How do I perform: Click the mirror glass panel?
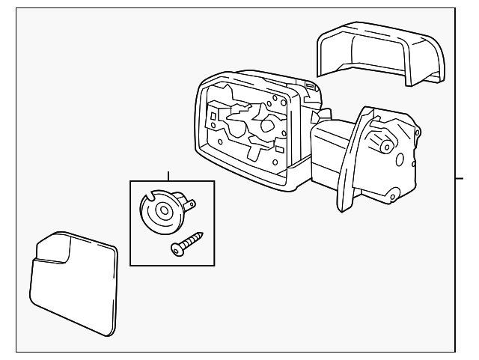75,284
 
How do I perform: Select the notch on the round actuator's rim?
147,198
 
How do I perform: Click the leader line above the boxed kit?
168,176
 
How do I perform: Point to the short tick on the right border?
460,178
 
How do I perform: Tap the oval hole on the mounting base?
400,160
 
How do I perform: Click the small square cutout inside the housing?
214,117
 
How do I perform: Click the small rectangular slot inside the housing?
278,150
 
